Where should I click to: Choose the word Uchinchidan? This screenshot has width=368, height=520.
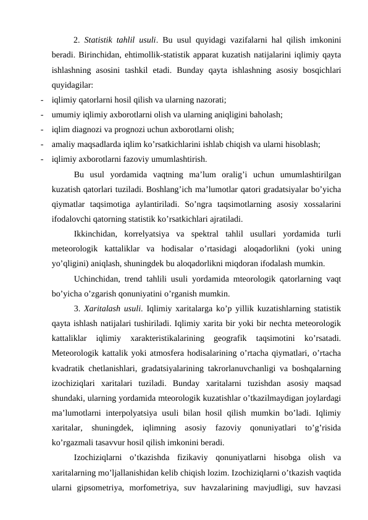tap(96, 278)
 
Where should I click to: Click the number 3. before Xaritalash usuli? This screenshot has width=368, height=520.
tap(77, 308)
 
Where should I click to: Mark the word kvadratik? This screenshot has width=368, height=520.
tap(69, 367)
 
